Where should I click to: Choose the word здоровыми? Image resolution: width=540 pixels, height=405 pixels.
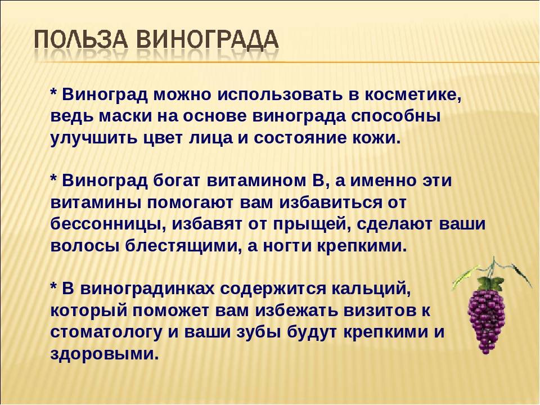coord(101,354)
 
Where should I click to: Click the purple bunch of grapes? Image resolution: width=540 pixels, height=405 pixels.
coord(488,315)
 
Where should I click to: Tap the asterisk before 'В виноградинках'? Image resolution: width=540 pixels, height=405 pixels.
coord(54,287)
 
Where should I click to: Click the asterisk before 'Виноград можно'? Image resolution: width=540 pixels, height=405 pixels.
coord(54,93)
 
